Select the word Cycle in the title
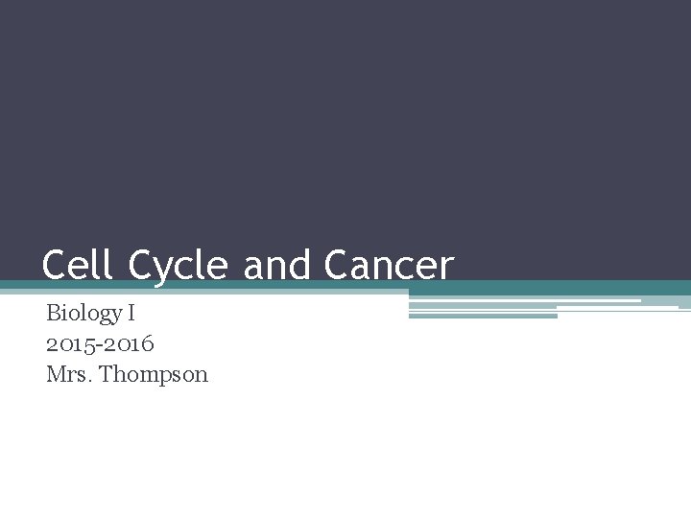point(178,266)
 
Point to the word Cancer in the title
point(388,265)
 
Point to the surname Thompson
point(154,375)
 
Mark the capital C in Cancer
point(337,265)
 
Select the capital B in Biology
point(53,313)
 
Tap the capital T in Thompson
point(106,374)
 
